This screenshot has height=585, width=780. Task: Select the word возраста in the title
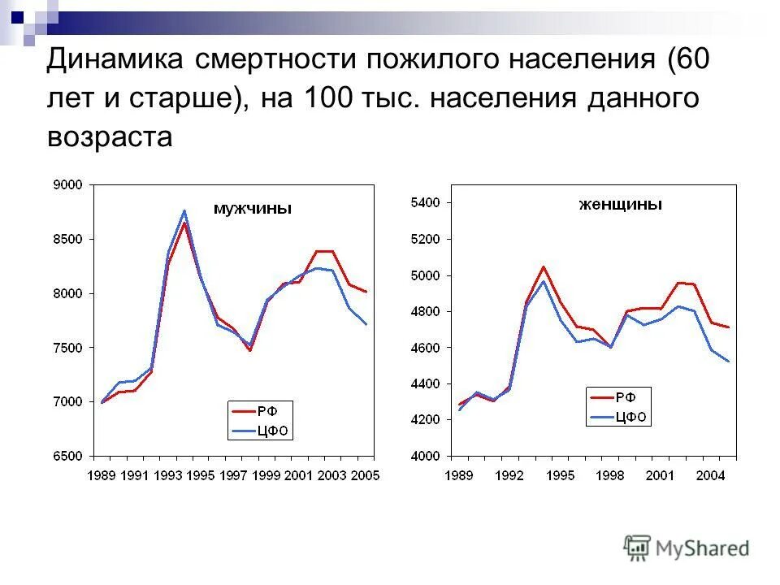(x=110, y=136)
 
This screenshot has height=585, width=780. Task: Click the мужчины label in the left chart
(x=252, y=209)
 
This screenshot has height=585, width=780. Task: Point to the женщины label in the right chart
(x=621, y=205)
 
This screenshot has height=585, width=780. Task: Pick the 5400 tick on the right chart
(x=426, y=202)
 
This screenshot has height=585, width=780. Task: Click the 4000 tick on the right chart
(x=426, y=456)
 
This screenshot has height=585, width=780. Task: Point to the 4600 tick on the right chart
(x=426, y=348)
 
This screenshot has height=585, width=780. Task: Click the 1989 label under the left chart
(x=102, y=475)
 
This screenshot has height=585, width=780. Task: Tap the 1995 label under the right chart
(x=560, y=475)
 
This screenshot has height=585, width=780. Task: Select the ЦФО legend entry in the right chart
(x=630, y=418)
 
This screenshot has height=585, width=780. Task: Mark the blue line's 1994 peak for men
(x=184, y=211)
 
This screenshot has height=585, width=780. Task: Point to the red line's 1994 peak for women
(x=544, y=266)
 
